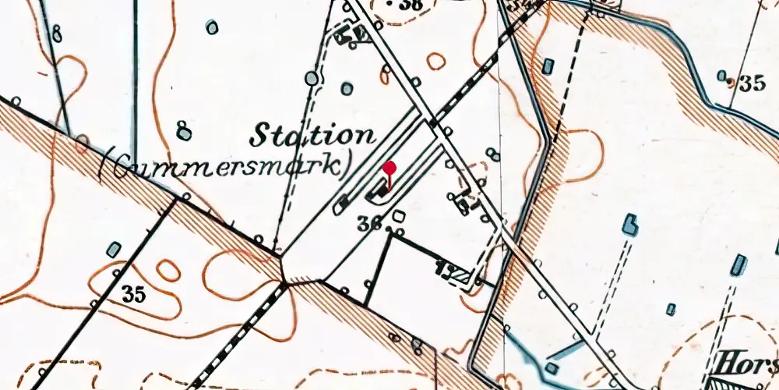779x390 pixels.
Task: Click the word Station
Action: click(x=312, y=135)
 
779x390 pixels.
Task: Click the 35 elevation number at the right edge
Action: click(x=753, y=83)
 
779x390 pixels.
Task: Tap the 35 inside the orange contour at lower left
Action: click(x=134, y=295)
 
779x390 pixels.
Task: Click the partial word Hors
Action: click(x=747, y=363)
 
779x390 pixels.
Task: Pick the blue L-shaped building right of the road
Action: click(x=629, y=226)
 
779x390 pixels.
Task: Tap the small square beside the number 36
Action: click(x=399, y=215)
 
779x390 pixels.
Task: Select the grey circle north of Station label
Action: click(x=312, y=78)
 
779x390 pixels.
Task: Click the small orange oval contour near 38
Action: click(x=436, y=61)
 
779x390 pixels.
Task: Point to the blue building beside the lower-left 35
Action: click(x=115, y=250)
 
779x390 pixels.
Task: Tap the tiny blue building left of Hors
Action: click(x=671, y=310)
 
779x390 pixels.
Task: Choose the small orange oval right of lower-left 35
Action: click(x=167, y=270)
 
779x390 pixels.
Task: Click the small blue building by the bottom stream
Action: click(x=552, y=368)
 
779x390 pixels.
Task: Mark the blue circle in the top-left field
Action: click(x=212, y=27)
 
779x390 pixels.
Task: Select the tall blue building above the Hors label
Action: click(x=738, y=265)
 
